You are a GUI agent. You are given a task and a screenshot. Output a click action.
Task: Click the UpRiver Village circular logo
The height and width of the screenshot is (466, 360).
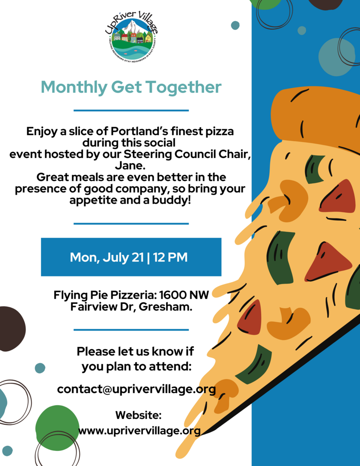tap(131, 37)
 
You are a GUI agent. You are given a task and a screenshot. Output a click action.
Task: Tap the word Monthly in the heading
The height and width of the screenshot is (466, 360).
tap(74, 87)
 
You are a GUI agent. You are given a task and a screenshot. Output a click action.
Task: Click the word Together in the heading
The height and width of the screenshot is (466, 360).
tap(183, 87)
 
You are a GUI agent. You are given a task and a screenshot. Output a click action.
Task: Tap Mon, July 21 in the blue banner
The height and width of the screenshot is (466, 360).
tap(107, 257)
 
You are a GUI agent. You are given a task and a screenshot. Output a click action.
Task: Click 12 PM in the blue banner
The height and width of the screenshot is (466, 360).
tap(171, 257)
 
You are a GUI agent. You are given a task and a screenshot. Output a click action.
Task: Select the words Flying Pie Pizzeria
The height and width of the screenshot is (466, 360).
tap(105, 295)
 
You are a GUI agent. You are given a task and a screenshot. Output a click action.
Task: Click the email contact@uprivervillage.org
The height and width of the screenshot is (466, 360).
tap(136, 389)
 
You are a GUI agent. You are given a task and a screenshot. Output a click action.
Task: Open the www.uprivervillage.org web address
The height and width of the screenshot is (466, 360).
tap(139, 431)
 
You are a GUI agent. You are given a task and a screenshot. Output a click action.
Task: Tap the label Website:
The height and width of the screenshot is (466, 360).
tap(139, 415)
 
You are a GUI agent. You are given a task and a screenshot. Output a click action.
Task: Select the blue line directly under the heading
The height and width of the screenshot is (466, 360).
tap(131, 110)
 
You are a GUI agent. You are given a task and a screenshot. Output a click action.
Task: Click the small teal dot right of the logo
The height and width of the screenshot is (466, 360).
tap(235, 25)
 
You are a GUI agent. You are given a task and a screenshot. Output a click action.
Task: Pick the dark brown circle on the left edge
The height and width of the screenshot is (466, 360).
tap(11, 329)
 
